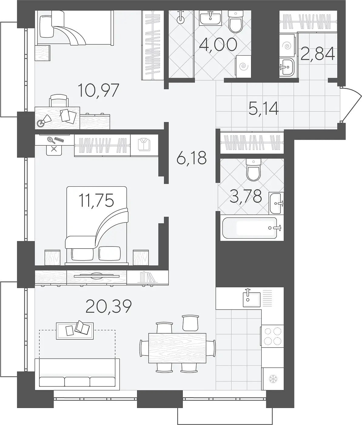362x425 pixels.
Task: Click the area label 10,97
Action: [x=99, y=90]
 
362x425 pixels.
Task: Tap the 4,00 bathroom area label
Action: [x=218, y=45]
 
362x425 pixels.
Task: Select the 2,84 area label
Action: [x=318, y=54]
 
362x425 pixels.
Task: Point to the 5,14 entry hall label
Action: [x=263, y=109]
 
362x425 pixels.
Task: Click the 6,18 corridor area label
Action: [x=192, y=158]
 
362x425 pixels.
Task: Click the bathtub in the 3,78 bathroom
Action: [x=252, y=228]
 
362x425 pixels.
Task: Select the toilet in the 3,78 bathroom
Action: [x=253, y=170]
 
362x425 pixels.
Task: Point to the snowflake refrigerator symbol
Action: [x=273, y=379]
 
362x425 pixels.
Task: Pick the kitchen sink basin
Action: [x=252, y=299]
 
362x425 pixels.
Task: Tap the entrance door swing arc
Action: [x=351, y=105]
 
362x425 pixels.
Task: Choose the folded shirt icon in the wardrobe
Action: [x=144, y=145]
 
